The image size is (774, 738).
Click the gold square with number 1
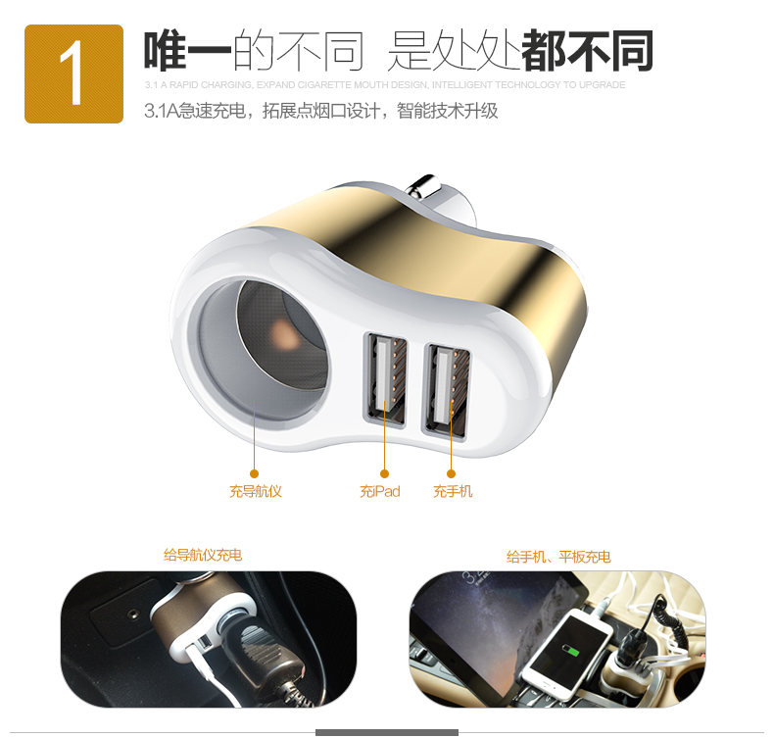73,74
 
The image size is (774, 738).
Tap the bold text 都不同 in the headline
587,51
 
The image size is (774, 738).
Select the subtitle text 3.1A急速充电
196,111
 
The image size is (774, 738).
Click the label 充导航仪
256,491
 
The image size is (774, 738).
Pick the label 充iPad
380,491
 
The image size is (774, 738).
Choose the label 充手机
453,491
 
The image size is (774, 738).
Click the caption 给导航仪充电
203,555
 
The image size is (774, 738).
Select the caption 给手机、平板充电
558,557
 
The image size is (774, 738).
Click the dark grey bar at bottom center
386,733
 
